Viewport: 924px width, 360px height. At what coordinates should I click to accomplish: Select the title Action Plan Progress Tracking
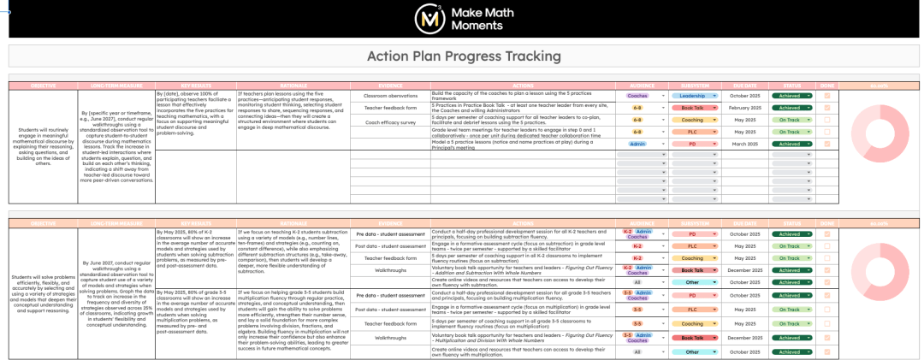point(464,56)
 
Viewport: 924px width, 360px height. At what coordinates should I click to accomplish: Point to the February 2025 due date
point(744,109)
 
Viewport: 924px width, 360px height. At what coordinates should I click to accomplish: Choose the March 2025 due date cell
point(744,144)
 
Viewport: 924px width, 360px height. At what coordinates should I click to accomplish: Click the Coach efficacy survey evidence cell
point(390,122)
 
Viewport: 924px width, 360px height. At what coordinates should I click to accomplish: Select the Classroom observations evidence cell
point(390,96)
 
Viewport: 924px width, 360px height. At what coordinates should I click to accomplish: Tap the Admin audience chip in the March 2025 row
point(637,144)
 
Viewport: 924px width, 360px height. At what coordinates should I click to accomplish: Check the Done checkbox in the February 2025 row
point(826,109)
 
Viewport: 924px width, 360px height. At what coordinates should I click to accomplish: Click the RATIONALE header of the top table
point(293,86)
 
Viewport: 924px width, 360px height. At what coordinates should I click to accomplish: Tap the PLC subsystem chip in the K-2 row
point(692,245)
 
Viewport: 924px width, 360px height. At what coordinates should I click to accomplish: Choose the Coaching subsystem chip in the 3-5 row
point(692,324)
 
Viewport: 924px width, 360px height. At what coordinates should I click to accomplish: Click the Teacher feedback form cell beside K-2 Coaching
point(390,257)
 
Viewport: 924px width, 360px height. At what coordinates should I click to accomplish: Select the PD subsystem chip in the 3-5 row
point(692,295)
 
